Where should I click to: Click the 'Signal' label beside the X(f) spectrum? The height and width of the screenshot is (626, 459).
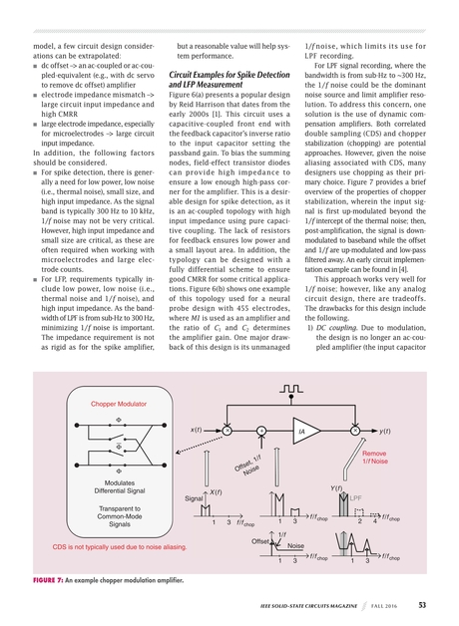(194, 498)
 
